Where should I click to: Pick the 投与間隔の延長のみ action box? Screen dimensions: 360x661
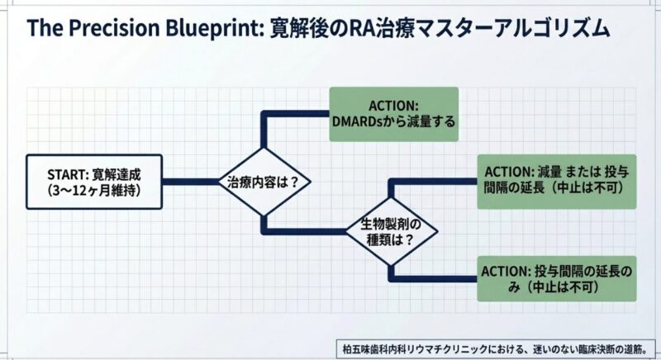[555, 277]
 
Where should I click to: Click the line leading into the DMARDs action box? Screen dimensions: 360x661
[297, 113]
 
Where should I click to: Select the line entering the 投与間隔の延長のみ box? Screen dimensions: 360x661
[434, 277]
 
